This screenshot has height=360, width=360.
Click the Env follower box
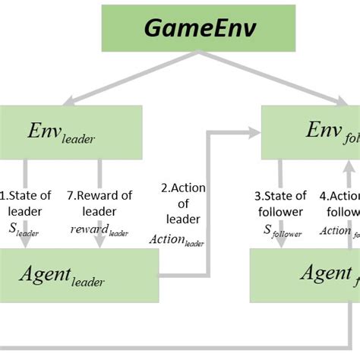(311, 130)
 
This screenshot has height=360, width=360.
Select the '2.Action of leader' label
(183, 203)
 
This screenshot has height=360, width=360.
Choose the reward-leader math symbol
(99, 230)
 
